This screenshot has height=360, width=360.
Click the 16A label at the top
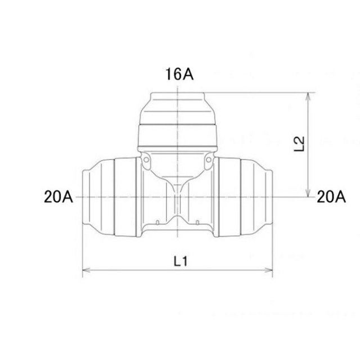tap(179, 74)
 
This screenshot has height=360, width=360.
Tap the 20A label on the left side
tap(58, 197)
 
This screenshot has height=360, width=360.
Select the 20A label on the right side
tap(331, 197)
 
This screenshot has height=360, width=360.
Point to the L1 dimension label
tap(181, 261)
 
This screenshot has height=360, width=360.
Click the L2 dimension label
tap(299, 144)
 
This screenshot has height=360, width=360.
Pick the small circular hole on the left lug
tap(146, 160)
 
